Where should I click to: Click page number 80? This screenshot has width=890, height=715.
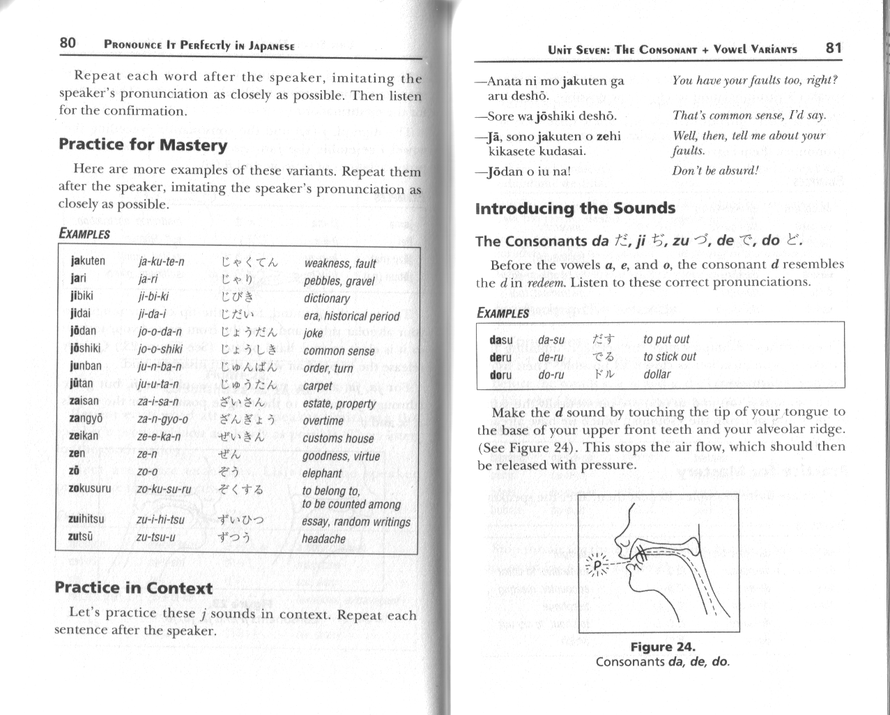tap(67, 43)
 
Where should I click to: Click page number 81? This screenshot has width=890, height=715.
tap(833, 47)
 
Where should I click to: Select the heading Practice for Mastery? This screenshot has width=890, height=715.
tap(143, 145)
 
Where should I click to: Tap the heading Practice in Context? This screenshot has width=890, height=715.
tap(133, 587)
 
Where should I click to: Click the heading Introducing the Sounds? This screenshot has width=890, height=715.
tap(575, 209)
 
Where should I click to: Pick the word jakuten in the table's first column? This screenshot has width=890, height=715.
tap(88, 261)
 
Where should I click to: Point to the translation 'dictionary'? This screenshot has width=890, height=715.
tap(326, 299)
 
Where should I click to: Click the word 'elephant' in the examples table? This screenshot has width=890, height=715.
tap(322, 473)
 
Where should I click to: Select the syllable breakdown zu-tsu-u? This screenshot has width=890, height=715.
tap(156, 537)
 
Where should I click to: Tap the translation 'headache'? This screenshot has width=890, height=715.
tap(323, 539)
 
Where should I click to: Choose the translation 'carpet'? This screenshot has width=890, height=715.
tap(319, 386)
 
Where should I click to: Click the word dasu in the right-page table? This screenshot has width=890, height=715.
tap(501, 340)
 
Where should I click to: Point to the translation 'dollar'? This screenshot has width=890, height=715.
tap(657, 374)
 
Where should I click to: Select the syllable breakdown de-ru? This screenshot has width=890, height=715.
tap(551, 357)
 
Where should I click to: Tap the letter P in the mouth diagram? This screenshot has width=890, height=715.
tap(597, 564)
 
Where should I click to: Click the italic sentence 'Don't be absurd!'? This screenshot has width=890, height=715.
tap(715, 170)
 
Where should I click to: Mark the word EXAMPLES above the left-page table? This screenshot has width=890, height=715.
tap(84, 234)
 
